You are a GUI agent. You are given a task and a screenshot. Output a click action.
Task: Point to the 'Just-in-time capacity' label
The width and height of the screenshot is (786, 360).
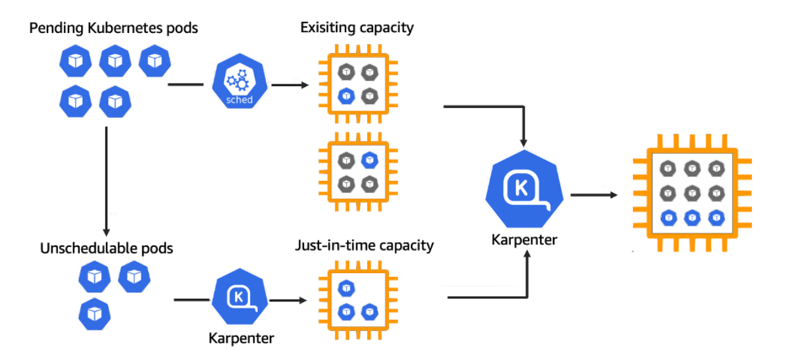pyautogui.click(x=364, y=245)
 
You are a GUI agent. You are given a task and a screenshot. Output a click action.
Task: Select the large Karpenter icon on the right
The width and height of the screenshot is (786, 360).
pyautogui.click(x=525, y=190)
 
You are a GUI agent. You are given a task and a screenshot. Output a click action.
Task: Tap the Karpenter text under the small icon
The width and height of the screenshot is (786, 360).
pyautogui.click(x=241, y=338)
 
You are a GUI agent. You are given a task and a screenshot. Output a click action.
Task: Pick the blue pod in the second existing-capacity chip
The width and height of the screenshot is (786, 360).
pyautogui.click(x=369, y=160)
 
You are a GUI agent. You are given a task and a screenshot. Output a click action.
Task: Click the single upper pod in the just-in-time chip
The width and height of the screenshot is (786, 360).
pyautogui.click(x=346, y=288)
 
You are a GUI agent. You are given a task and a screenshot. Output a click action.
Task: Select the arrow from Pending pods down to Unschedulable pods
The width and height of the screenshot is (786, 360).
pyautogui.click(x=106, y=180)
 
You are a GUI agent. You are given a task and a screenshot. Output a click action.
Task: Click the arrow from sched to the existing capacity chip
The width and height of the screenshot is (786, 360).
pyautogui.click(x=289, y=85)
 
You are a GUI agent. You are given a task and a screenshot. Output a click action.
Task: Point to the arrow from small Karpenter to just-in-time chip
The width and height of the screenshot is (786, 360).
pyautogui.click(x=287, y=301)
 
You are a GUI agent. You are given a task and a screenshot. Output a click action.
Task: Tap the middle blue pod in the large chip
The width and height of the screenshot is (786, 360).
pyautogui.click(x=693, y=218)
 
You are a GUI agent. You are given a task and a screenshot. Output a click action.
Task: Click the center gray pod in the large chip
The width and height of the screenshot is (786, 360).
pyautogui.click(x=693, y=192)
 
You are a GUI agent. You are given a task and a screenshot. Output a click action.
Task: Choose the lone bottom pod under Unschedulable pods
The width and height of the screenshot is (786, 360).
pyautogui.click(x=94, y=314)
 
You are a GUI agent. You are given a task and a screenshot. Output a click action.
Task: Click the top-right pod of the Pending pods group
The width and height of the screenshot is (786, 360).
pyautogui.click(x=155, y=61)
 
